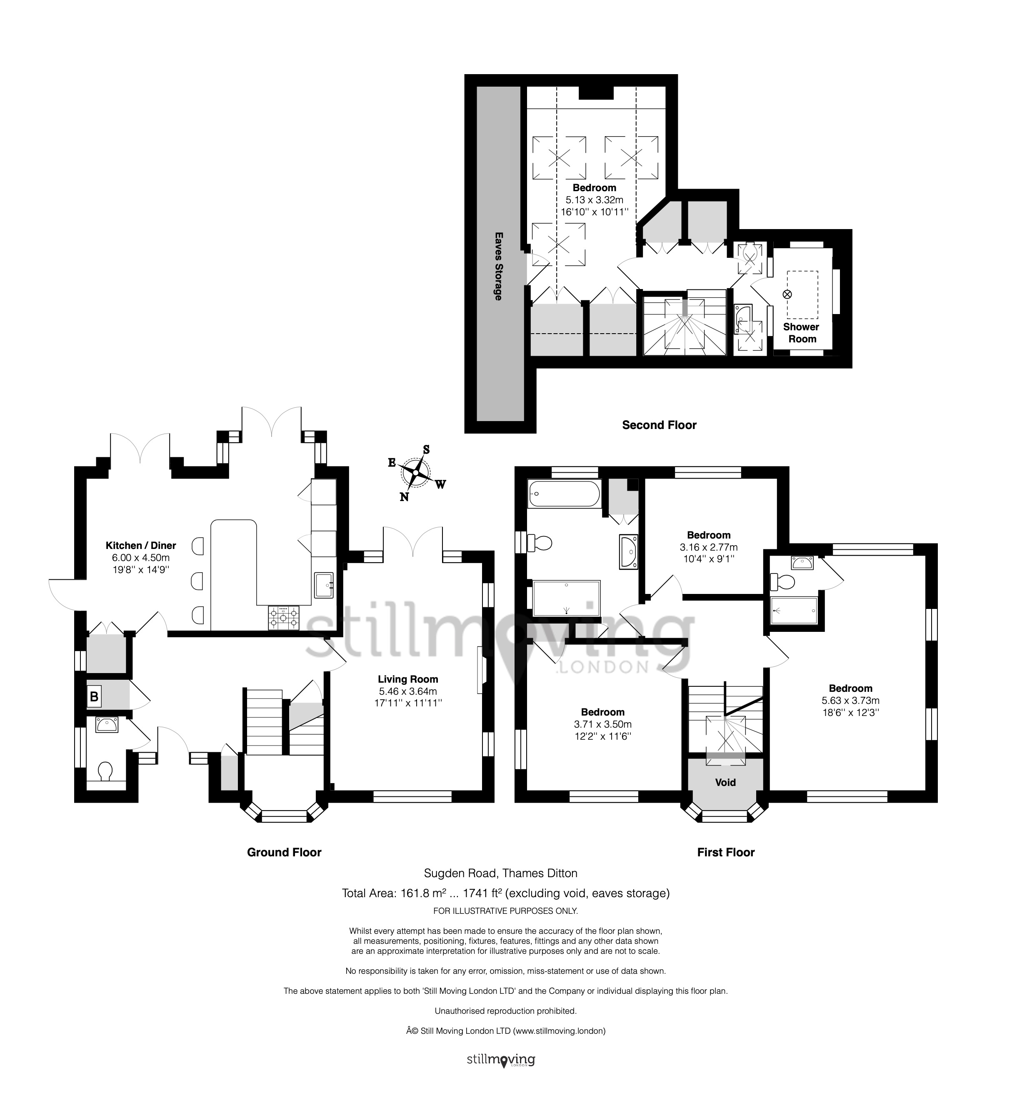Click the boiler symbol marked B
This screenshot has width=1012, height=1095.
point(94,697)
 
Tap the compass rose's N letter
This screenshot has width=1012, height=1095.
point(404,496)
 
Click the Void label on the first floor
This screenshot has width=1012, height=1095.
point(725,782)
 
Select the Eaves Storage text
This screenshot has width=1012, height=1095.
point(498,266)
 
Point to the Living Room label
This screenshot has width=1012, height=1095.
point(408,679)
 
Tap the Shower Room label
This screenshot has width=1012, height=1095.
point(801,333)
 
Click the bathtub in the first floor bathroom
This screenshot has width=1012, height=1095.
point(564,493)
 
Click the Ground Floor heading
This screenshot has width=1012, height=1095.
point(284,852)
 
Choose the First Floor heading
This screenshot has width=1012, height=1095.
point(726,852)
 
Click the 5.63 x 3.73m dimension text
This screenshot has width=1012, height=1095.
point(850,700)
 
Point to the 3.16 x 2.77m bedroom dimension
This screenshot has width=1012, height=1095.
point(709,547)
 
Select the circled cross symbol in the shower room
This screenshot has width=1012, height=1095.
point(787,294)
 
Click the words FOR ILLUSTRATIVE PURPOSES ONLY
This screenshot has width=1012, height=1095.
point(505,911)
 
